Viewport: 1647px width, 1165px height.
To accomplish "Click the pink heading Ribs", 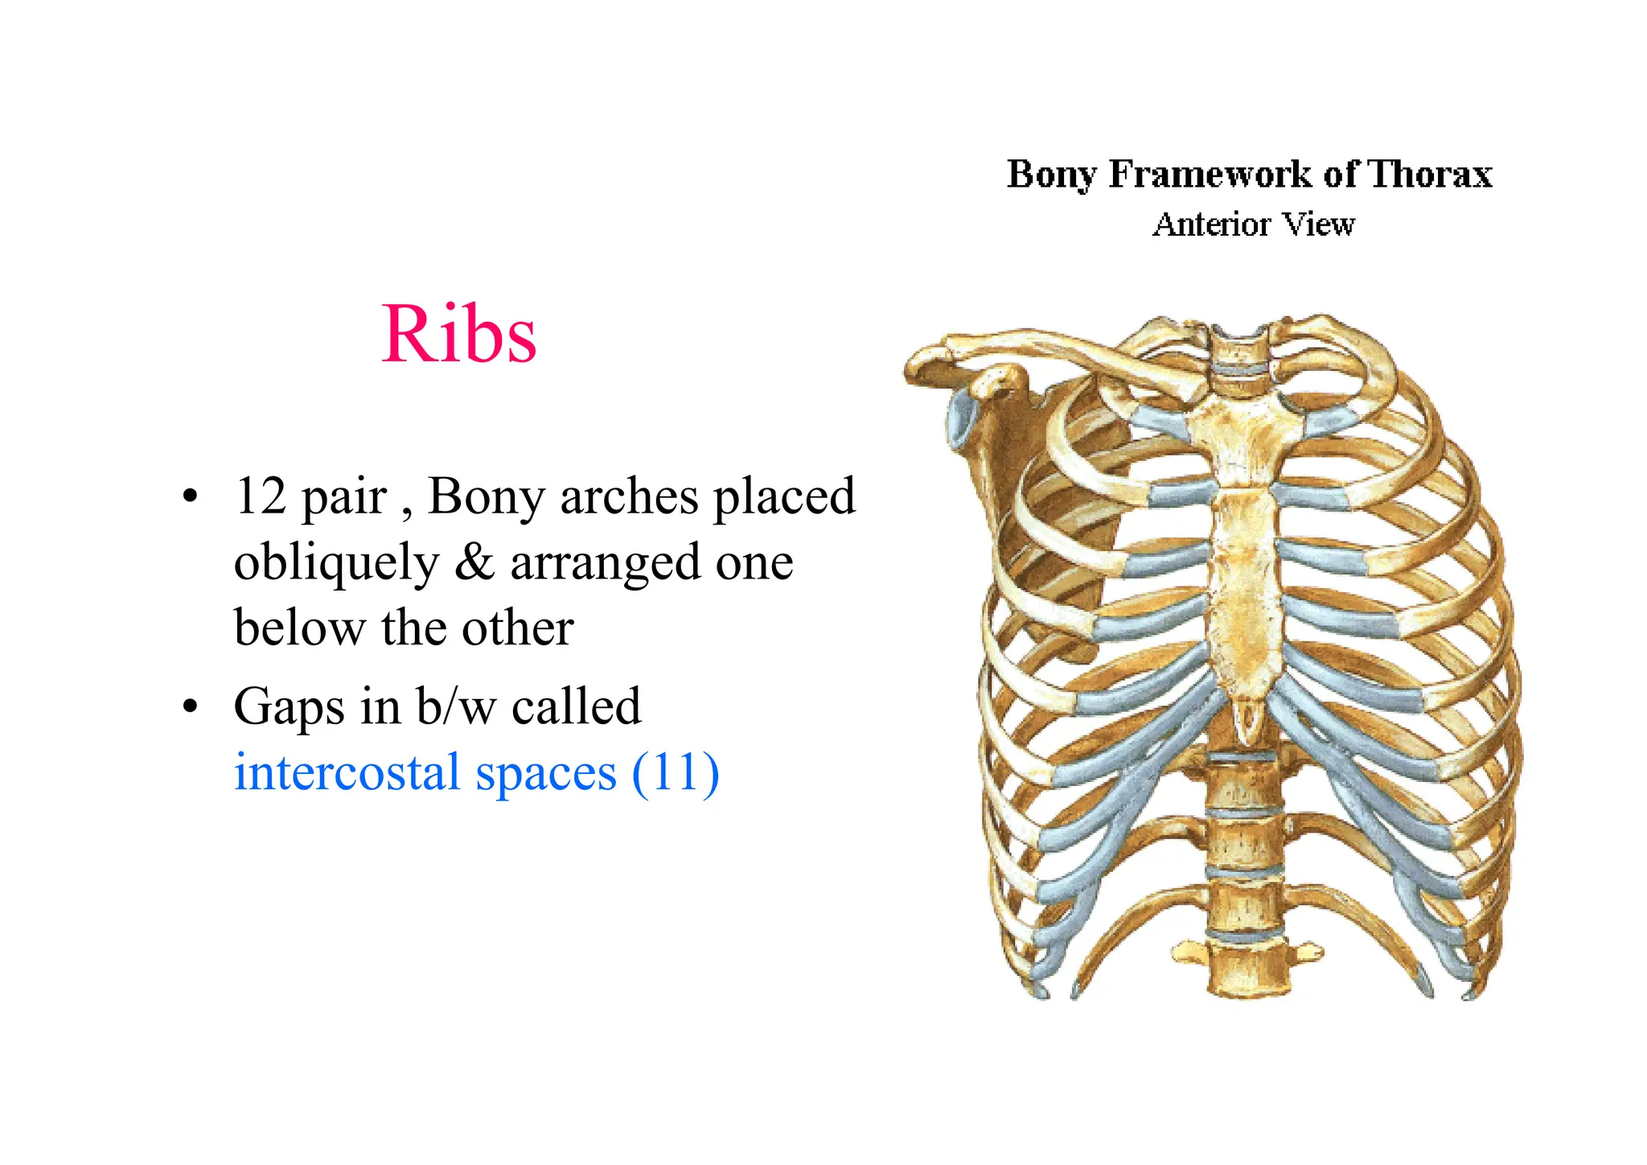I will click(458, 335).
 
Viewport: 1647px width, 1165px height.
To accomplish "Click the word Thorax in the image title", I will click(1429, 174).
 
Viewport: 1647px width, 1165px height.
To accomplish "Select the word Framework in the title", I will click(1210, 174).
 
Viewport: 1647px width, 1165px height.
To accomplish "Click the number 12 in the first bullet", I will click(261, 496).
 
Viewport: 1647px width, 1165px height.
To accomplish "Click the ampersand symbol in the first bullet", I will click(474, 562).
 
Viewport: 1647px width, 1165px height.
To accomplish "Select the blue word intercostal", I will click(347, 773).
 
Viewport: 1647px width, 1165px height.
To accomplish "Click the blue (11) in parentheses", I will click(676, 773).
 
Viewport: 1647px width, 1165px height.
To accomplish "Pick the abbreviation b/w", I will click(456, 706).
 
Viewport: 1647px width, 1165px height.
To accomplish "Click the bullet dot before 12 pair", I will click(190, 496).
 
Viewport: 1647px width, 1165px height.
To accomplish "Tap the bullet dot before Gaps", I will click(190, 707).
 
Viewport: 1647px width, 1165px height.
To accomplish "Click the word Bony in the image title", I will click(1051, 174).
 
